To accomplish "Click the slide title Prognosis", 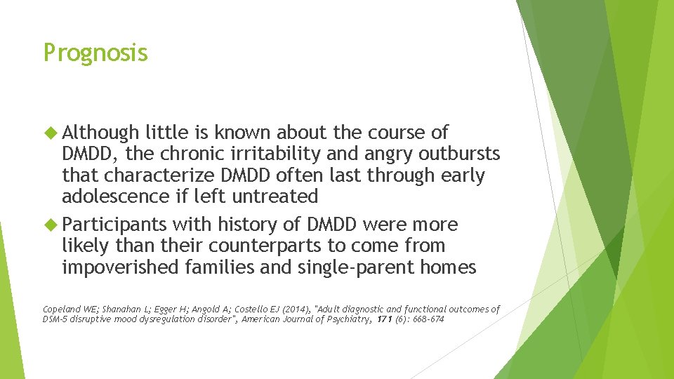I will pyautogui.click(x=95, y=53).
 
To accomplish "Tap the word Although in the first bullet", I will pyautogui.click(x=100, y=133).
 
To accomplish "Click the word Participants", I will pyautogui.click(x=114, y=225).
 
